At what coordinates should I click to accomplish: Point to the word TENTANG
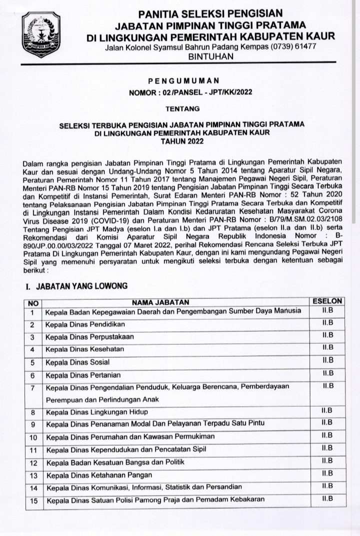coord(182,108)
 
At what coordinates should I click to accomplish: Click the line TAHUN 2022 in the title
coord(182,141)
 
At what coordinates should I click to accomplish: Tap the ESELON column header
coord(327,302)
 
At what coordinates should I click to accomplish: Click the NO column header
coord(33,303)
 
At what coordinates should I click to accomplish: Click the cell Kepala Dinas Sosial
coord(77,362)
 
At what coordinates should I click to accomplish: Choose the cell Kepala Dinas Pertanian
coord(83,375)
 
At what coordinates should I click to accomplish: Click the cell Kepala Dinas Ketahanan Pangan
coord(98,475)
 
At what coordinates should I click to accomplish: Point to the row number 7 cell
coord(33,388)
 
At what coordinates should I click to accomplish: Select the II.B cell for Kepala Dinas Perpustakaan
coord(327,335)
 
